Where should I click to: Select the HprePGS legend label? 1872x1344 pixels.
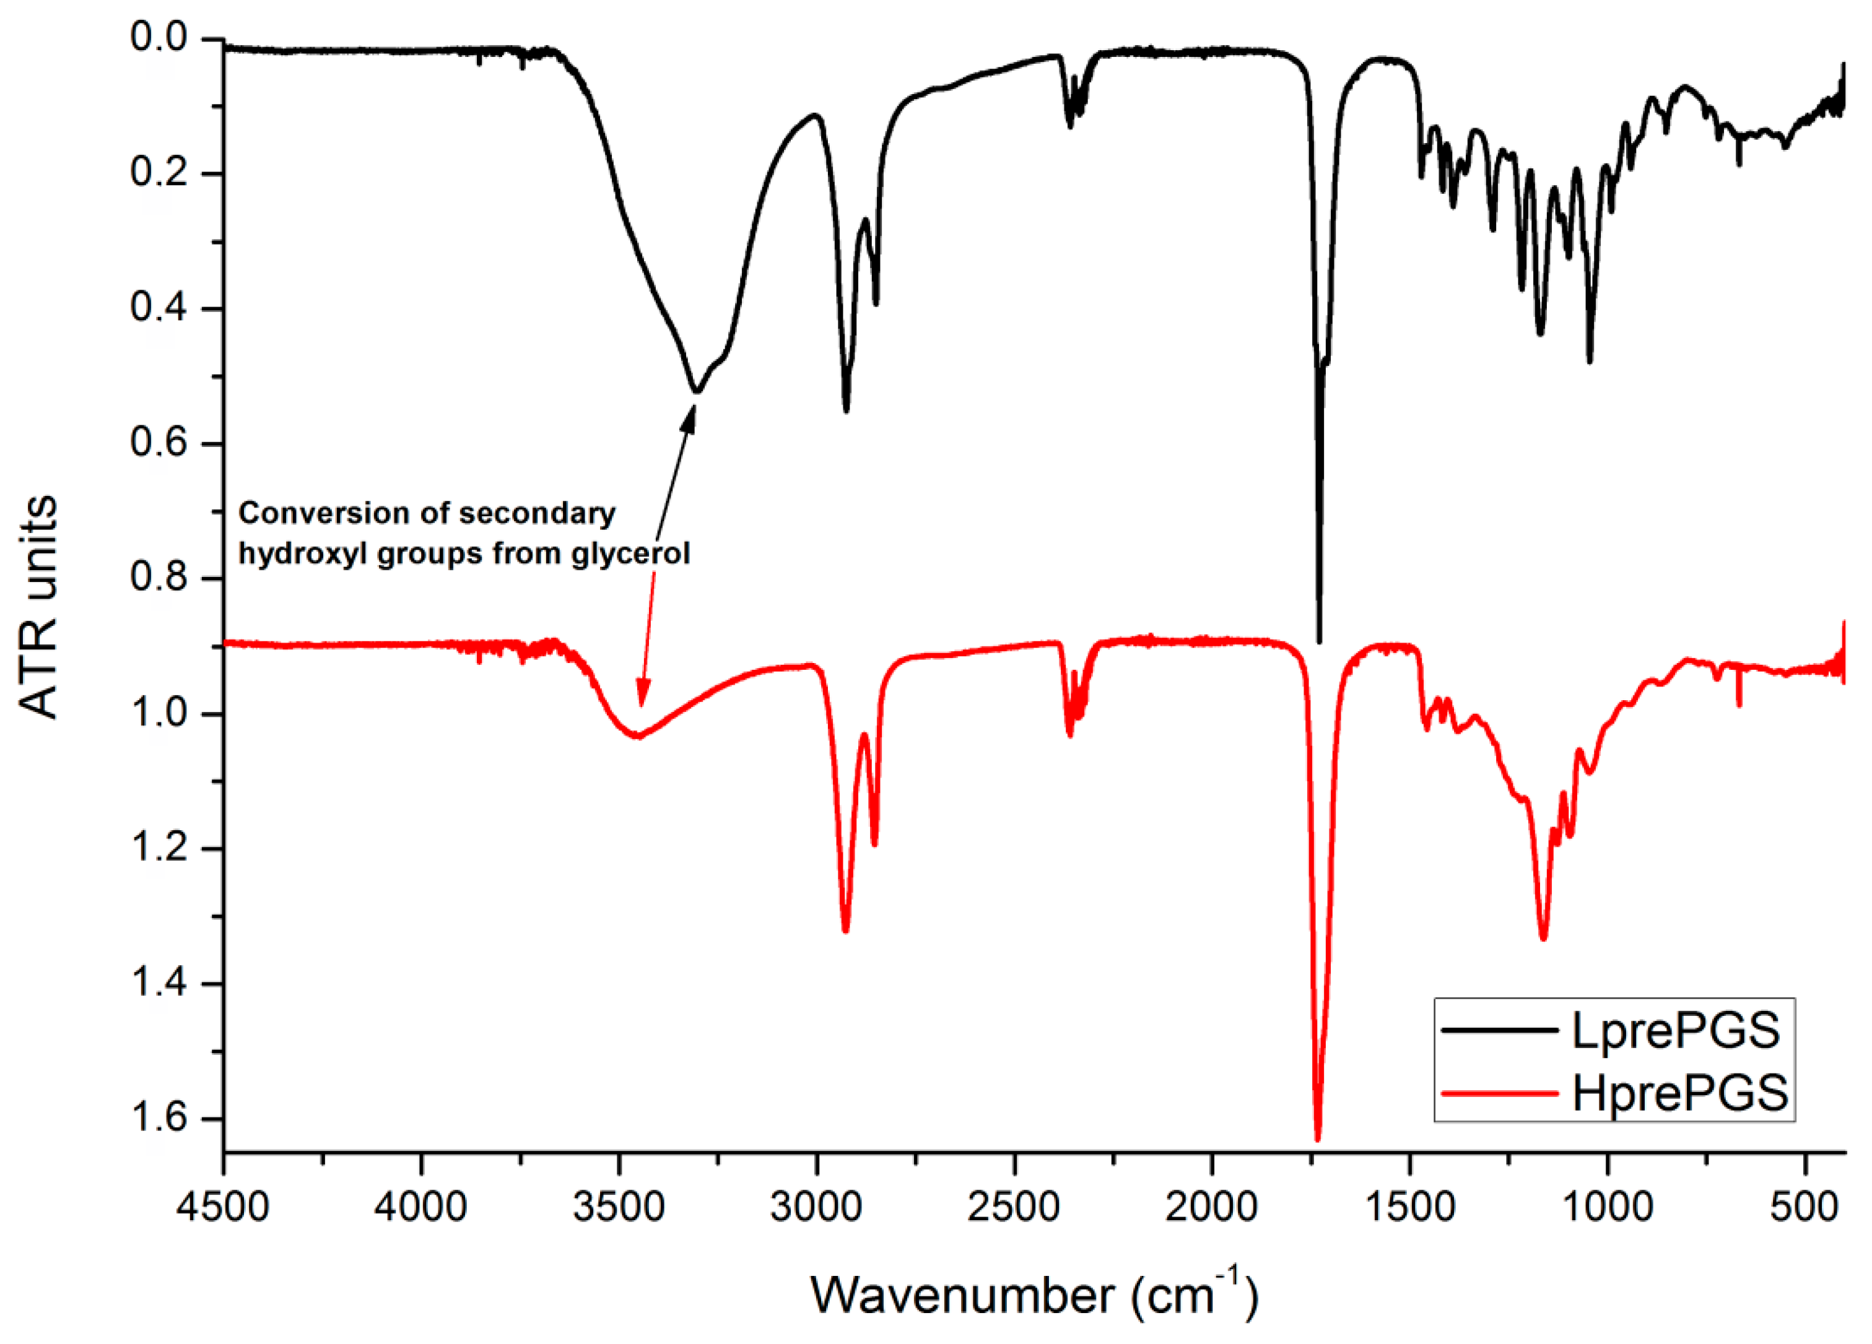(1679, 1093)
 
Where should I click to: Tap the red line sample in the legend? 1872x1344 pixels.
(1500, 1093)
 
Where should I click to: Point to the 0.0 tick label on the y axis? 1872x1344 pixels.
(159, 37)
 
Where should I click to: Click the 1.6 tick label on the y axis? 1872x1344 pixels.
(159, 1118)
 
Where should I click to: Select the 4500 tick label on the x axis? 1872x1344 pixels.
(223, 1207)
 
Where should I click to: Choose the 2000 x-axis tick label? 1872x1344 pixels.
(1212, 1207)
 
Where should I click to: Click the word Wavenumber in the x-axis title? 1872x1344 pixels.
(962, 1294)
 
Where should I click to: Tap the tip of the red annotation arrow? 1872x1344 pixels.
(642, 707)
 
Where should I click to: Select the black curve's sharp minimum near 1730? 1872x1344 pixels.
(1319, 642)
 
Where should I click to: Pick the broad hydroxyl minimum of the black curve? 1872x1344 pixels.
(696, 391)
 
